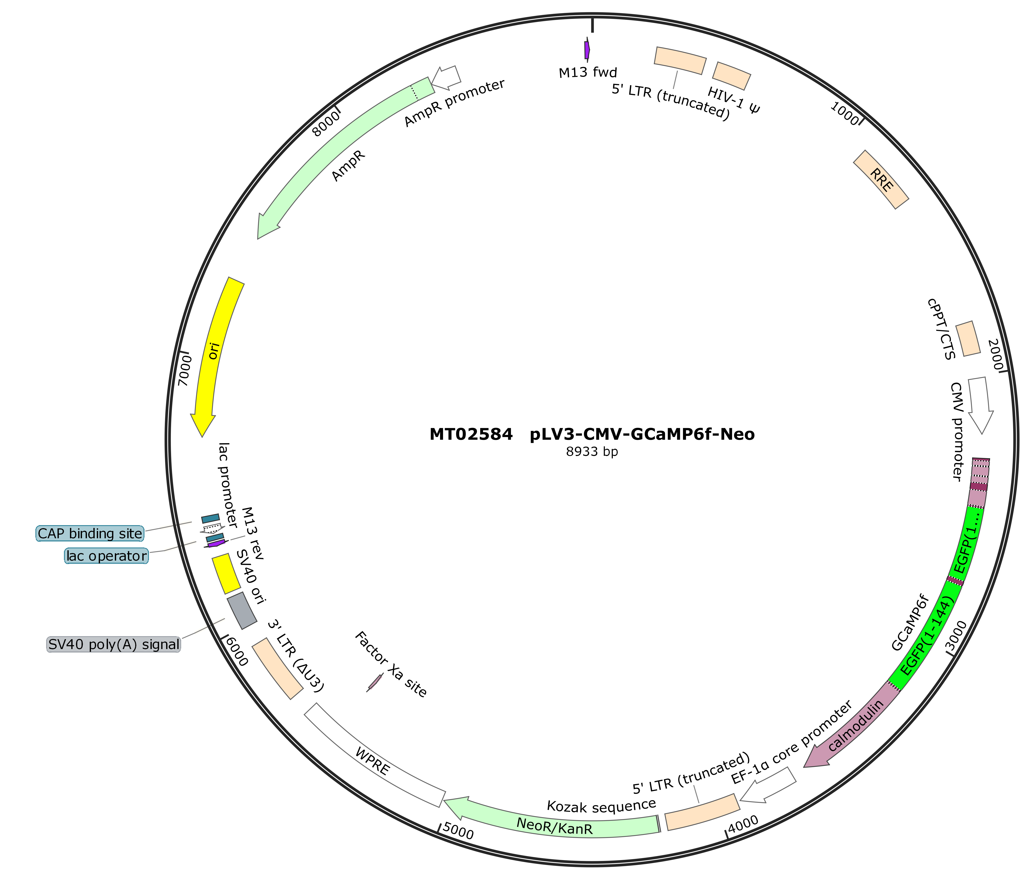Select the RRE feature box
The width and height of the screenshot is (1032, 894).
tap(881, 180)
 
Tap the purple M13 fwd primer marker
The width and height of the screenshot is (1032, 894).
tap(587, 49)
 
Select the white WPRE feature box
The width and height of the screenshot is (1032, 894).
tap(374, 756)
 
